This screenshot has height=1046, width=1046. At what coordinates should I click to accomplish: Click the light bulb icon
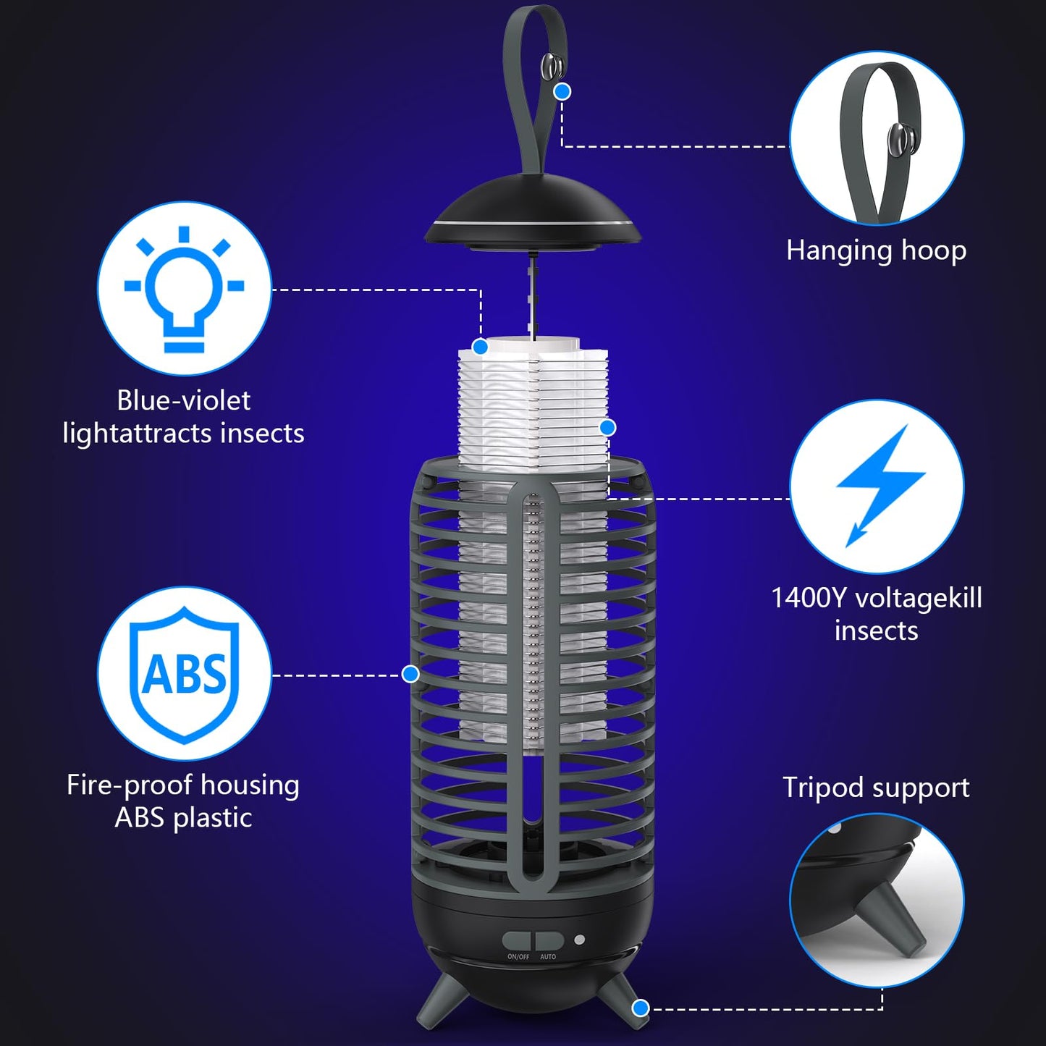point(184,289)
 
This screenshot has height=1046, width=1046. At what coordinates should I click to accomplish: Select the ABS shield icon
point(184,674)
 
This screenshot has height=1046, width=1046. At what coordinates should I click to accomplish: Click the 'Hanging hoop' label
point(876,250)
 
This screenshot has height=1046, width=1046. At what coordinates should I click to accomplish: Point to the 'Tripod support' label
point(876,788)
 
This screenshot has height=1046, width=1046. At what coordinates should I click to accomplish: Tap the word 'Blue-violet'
point(184,400)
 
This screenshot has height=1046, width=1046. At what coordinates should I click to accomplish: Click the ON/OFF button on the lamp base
point(517,941)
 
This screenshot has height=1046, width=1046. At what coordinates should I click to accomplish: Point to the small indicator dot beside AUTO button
point(579,940)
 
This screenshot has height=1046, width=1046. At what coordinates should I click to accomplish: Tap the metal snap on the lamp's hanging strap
point(551,67)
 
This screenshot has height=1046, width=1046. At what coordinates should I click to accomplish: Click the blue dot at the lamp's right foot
point(640,1008)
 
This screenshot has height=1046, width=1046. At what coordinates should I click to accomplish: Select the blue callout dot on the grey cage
point(410,674)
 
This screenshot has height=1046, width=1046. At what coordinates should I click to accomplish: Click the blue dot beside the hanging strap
point(562,91)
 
